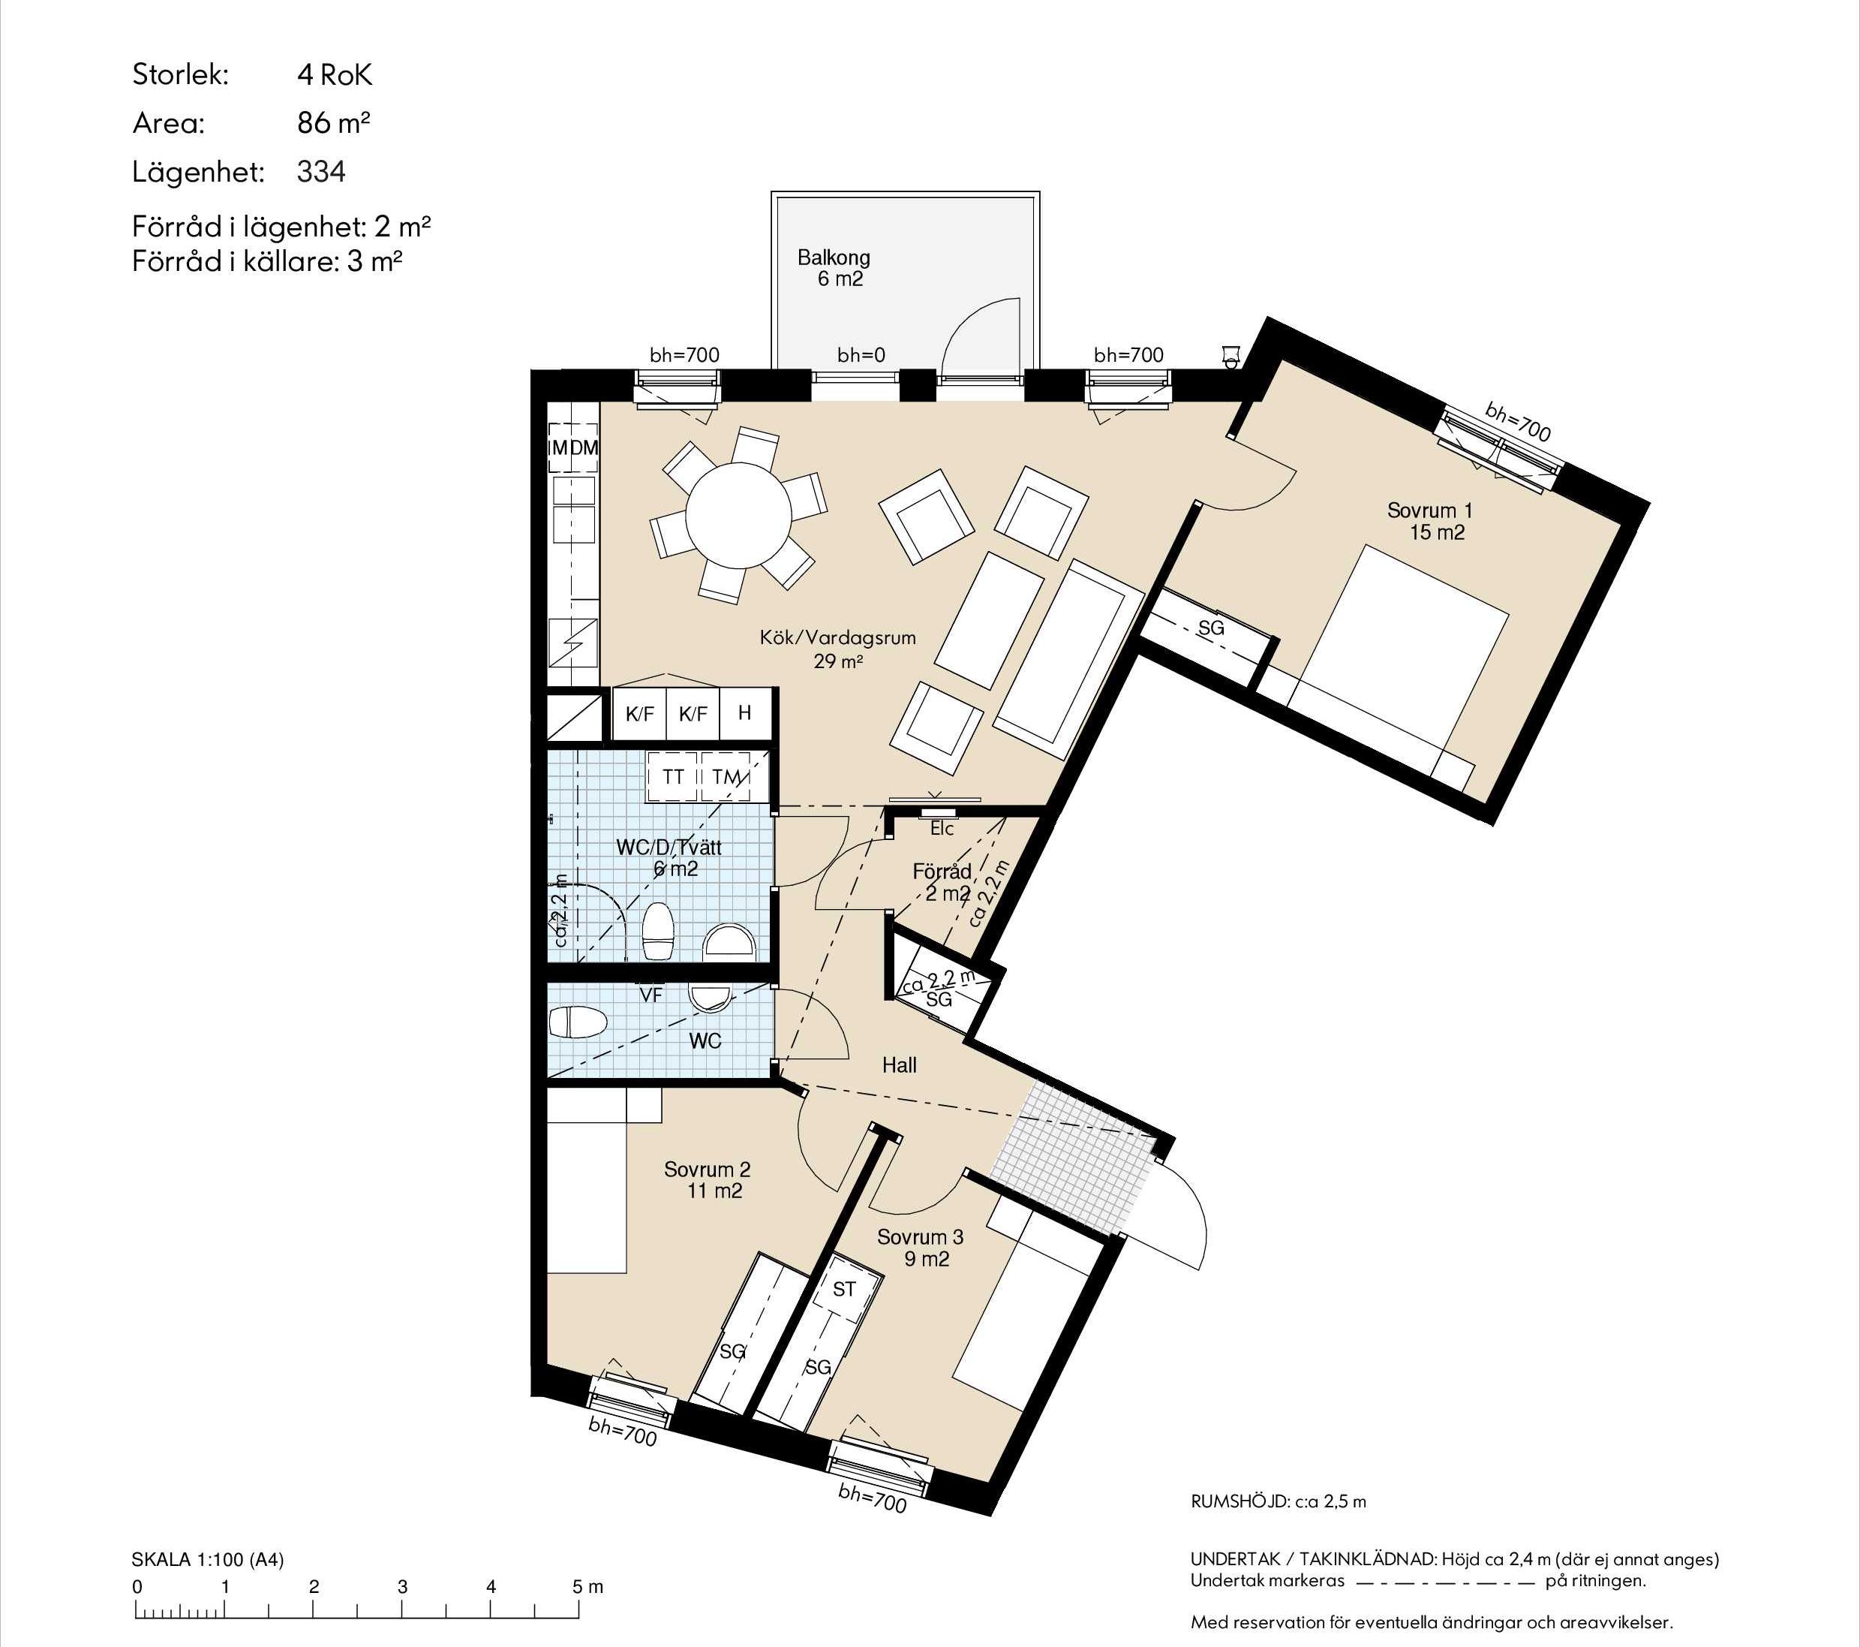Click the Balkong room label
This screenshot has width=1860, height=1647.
click(834, 269)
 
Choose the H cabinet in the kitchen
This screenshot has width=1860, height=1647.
click(745, 713)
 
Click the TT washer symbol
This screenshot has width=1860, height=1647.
click(672, 777)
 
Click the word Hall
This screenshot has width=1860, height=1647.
click(899, 1065)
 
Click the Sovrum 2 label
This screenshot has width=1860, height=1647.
click(707, 1180)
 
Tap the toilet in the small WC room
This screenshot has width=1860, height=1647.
click(578, 1022)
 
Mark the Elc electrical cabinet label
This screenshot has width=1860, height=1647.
click(942, 829)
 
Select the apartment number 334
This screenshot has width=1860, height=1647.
click(321, 171)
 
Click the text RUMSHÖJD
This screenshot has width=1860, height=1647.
click(1239, 1501)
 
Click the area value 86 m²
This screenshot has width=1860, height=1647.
click(334, 122)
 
